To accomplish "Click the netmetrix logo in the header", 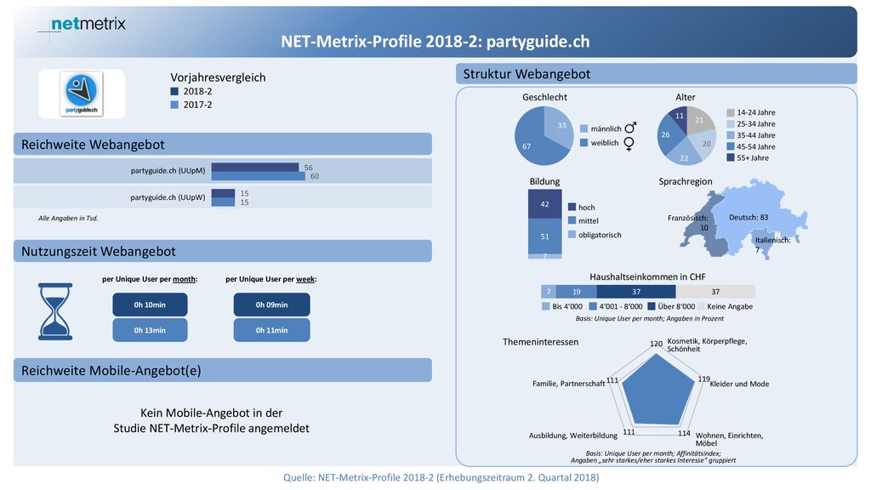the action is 88,24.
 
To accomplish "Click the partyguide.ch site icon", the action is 82,94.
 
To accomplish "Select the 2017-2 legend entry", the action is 191,105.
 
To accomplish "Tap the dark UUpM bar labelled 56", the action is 255,168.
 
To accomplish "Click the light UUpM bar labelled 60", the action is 259,176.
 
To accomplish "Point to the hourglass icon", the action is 55,311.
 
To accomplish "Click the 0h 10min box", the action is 150,305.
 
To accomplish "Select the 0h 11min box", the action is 271,330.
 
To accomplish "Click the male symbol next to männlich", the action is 630,128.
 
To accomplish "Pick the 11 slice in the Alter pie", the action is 679,116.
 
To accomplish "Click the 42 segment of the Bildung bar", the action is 544,204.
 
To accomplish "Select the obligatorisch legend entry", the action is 595,235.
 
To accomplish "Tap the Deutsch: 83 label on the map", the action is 749,217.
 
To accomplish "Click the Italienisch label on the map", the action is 772,240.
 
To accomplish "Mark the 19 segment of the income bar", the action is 576,292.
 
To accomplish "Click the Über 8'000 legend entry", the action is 671,306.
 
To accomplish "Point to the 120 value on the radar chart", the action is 656,344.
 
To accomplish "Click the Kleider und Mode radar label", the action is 739,384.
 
